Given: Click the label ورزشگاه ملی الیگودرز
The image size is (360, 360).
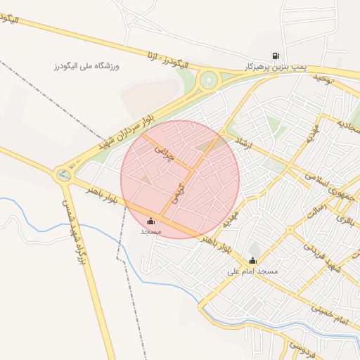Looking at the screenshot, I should tap(88, 65).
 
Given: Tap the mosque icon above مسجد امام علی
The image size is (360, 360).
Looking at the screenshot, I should tap(252, 261).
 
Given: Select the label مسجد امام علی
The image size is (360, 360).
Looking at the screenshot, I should tap(252, 271).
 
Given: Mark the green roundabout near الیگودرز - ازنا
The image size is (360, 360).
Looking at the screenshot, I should tap(209, 79).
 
